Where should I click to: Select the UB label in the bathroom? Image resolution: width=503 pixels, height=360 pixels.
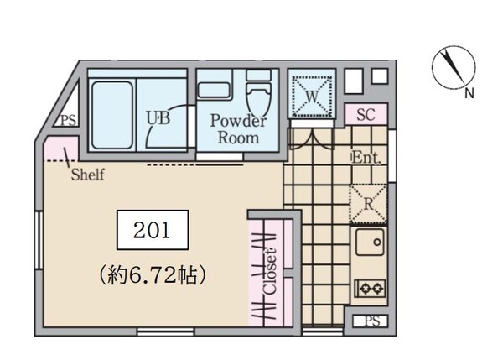coord(158,118)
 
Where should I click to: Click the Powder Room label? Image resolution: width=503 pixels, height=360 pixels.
coord(238,129)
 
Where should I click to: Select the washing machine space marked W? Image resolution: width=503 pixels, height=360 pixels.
coord(312,96)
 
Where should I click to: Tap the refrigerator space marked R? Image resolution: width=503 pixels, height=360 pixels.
coord(366,202)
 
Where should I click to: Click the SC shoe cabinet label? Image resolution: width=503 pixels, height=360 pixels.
coord(366,114)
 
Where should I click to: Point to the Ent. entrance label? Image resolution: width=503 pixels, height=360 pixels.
coord(367,157)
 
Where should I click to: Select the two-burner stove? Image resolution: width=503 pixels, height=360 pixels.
coord(369,288)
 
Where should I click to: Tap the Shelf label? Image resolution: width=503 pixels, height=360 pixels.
coord(87,175)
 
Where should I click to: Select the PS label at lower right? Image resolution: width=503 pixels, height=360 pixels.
coord(370,321)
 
